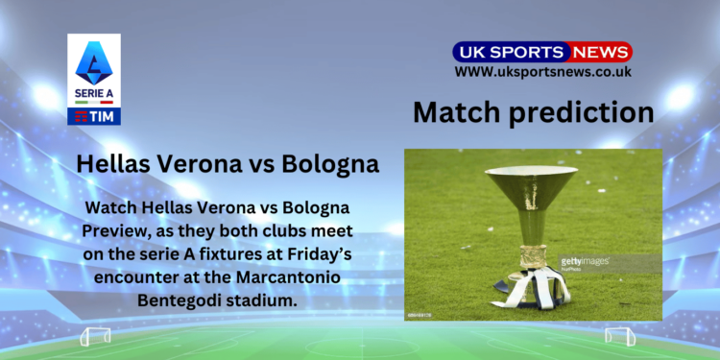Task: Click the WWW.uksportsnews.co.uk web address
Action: [541, 72]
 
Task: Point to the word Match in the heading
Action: [454, 112]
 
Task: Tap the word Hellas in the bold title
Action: [113, 163]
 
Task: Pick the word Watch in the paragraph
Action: [111, 207]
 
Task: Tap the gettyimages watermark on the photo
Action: [584, 261]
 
